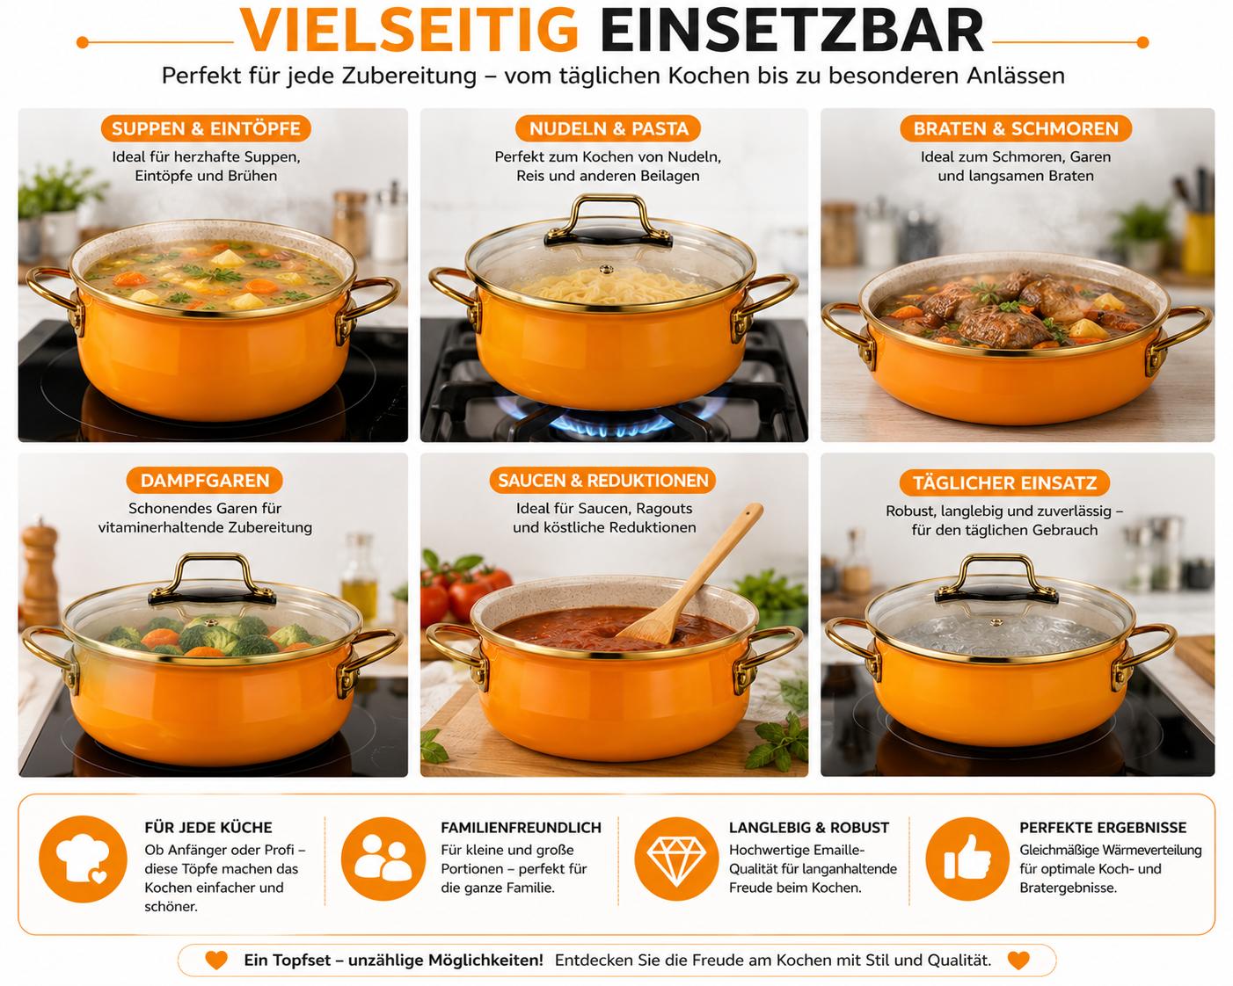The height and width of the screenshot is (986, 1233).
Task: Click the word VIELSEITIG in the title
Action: [409, 30]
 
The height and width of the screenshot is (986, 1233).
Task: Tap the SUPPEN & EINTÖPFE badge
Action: [206, 128]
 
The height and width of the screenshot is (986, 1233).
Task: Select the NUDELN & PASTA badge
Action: [609, 128]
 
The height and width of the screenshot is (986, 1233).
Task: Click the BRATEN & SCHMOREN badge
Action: [1015, 128]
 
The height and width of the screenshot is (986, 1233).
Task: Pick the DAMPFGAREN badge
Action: [205, 480]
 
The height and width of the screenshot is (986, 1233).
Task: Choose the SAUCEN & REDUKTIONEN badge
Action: [602, 480]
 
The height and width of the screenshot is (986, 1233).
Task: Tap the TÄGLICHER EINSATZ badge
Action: [1004, 482]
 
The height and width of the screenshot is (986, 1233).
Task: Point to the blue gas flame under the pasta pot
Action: [609, 423]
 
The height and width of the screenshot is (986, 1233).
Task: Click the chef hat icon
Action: [83, 859]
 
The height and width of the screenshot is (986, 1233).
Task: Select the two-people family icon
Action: [383, 859]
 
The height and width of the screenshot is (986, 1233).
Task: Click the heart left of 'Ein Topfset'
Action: [216, 961]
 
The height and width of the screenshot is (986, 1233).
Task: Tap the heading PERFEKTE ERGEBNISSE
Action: [1103, 828]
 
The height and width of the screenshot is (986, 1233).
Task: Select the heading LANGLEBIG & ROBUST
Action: [809, 828]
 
